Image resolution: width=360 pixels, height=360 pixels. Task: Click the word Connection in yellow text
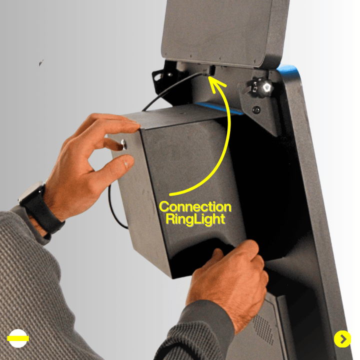(195, 207)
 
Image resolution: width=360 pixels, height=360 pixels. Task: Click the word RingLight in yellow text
(195, 219)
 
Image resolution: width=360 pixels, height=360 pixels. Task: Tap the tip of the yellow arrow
(209, 77)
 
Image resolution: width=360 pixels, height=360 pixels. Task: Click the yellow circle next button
(342, 339)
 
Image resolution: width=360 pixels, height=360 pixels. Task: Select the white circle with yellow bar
(18, 338)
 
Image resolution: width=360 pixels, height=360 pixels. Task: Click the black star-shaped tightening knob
(262, 87)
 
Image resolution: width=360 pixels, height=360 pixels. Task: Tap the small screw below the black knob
(256, 109)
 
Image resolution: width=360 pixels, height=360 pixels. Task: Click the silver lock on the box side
(123, 144)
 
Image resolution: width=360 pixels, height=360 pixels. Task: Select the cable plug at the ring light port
(206, 71)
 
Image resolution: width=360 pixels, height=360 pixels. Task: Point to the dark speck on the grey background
(41, 62)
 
